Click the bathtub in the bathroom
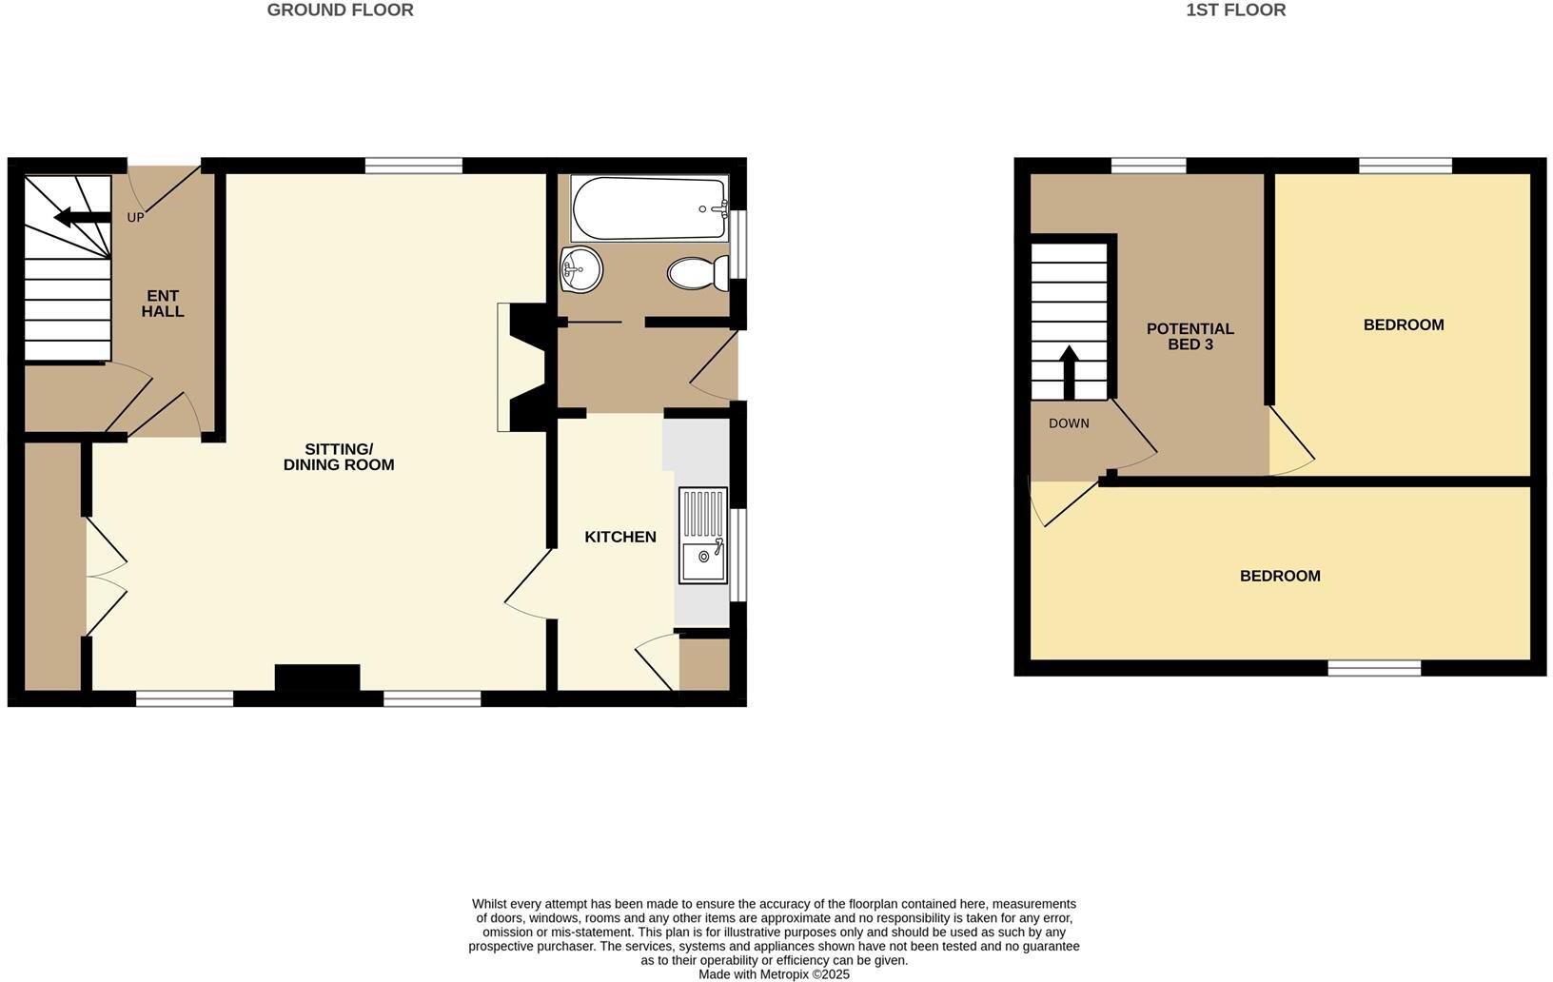[649, 208]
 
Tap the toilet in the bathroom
[698, 274]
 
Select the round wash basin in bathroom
[581, 269]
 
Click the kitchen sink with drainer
[702, 535]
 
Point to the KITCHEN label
[620, 538]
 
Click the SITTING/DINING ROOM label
[339, 457]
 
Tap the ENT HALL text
[163, 304]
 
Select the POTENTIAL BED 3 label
[1189, 336]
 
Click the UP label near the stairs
[135, 218]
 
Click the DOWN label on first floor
[1069, 423]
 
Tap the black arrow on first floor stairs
[1069, 371]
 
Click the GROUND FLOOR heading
[340, 10]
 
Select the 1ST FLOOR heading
[1235, 10]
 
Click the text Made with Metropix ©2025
[774, 974]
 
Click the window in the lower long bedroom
[1374, 669]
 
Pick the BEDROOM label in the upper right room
[1404, 325]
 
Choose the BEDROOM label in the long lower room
[1280, 577]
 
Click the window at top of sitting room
[413, 166]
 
